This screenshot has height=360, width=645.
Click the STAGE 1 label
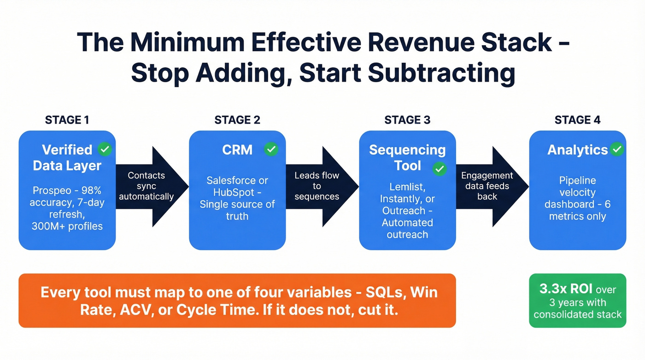(x=67, y=120)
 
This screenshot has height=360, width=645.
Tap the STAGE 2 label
(x=237, y=120)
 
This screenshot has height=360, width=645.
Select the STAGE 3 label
(x=407, y=120)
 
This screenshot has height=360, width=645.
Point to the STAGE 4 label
(x=577, y=120)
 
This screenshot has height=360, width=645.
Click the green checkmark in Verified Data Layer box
(x=105, y=149)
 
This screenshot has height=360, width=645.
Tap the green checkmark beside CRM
(x=271, y=149)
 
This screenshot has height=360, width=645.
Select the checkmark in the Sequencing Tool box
(x=440, y=169)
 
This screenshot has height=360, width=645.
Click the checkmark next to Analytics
(x=616, y=149)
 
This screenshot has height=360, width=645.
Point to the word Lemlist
(x=400, y=187)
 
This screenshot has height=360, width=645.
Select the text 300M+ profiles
(x=67, y=226)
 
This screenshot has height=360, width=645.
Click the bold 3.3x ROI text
(x=566, y=289)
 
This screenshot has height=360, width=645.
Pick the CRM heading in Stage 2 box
(x=237, y=150)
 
